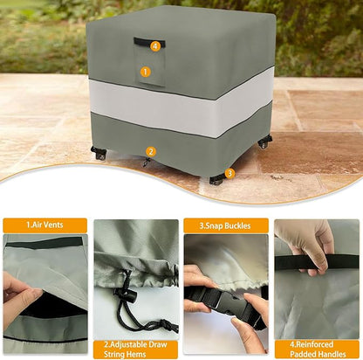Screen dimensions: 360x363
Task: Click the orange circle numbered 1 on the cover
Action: click(146, 72)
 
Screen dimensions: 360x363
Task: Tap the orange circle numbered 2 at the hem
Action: click(150, 151)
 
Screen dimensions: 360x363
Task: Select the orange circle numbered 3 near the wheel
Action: click(229, 173)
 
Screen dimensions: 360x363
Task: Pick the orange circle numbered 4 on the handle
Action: click(155, 45)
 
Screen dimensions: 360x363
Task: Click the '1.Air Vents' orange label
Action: click(45, 225)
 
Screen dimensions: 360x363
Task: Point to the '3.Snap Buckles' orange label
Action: click(225, 225)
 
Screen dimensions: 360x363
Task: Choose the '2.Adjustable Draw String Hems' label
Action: click(135, 349)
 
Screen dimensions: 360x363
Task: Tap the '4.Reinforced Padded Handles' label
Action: click(316, 349)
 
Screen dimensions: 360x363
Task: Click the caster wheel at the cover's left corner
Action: click(99, 154)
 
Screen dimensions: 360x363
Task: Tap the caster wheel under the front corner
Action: click(216, 180)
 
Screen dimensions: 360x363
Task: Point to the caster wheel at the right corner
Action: click(264, 141)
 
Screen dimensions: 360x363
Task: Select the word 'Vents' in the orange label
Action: click(55, 225)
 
